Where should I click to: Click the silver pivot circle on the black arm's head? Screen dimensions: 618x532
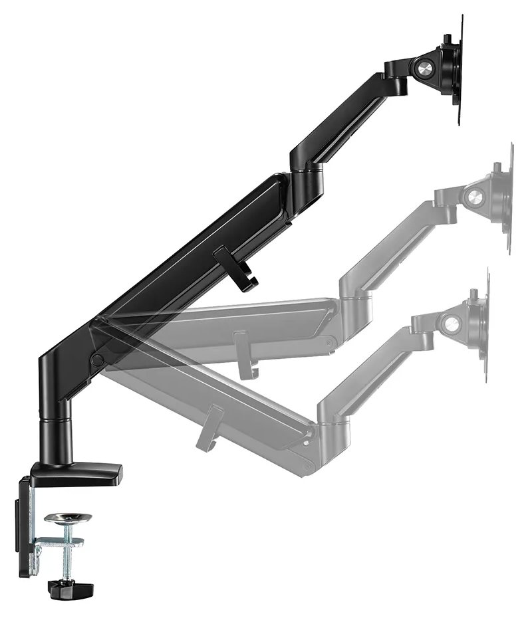point(423,66)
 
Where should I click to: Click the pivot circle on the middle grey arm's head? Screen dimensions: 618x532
point(475,197)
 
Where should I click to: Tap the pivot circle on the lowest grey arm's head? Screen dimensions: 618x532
point(453,324)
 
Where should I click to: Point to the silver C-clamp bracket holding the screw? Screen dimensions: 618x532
point(53,542)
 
